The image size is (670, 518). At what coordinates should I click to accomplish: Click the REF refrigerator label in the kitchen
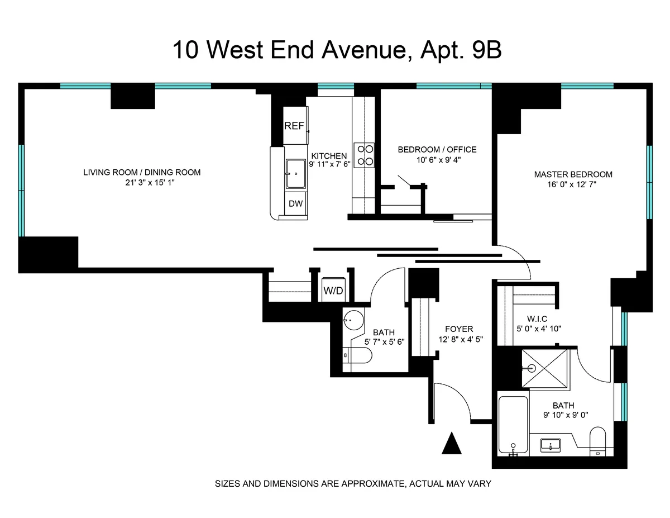click(x=294, y=126)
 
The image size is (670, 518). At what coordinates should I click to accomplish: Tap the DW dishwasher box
click(x=295, y=203)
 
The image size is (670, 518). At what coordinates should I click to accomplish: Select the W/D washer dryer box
click(x=333, y=290)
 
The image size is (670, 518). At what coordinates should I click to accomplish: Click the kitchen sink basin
click(x=295, y=173)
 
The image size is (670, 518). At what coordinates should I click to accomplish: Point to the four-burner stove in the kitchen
click(x=366, y=155)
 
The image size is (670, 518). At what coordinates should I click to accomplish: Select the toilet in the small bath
click(x=357, y=355)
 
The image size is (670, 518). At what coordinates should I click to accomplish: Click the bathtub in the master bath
click(x=513, y=425)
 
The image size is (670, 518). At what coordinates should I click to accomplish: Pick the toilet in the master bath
click(x=598, y=441)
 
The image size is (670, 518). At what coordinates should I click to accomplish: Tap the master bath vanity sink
click(x=551, y=445)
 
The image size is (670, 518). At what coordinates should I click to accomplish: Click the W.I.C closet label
click(x=536, y=319)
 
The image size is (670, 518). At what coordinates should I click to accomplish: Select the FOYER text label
click(x=459, y=329)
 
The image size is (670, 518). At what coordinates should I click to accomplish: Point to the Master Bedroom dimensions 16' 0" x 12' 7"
click(x=573, y=184)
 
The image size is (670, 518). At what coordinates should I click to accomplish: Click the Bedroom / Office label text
click(x=437, y=149)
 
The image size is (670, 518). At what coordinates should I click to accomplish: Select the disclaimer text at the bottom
click(x=353, y=483)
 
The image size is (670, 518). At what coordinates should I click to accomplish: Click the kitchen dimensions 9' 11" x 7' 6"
click(x=329, y=164)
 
